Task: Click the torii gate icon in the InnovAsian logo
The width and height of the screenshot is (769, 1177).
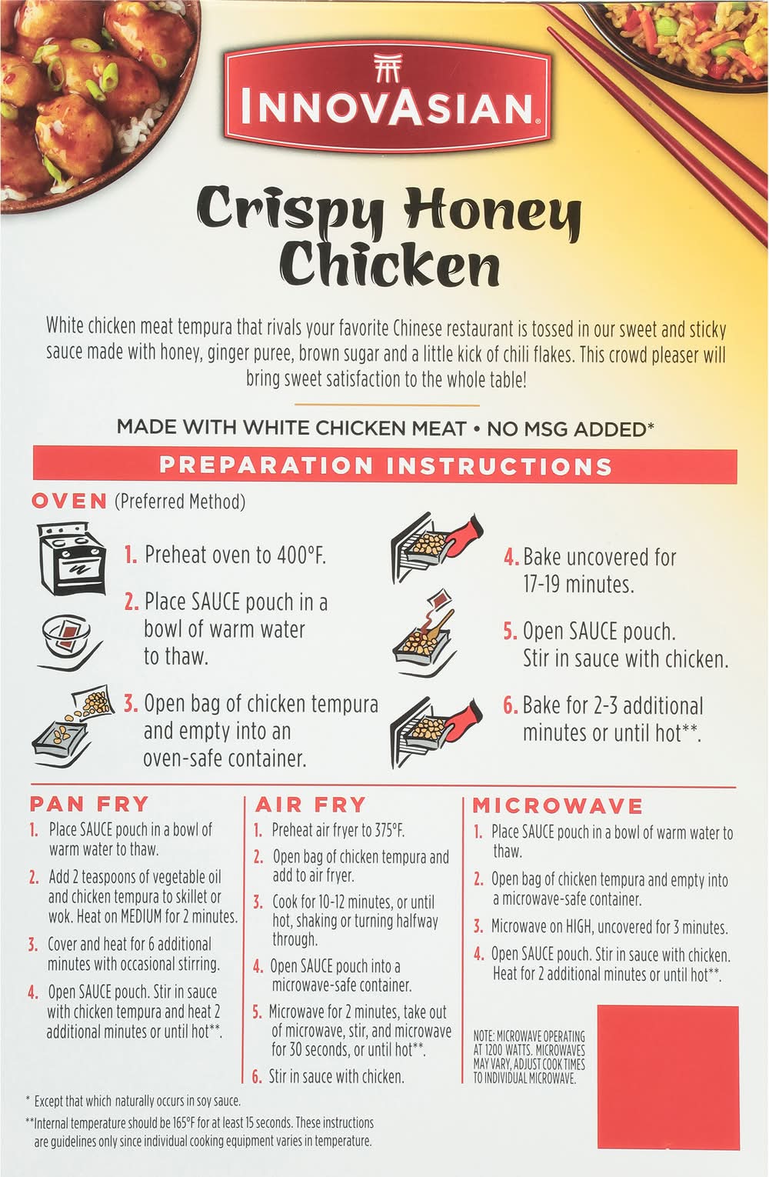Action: coord(388,68)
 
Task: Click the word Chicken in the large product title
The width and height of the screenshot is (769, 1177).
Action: coord(389,265)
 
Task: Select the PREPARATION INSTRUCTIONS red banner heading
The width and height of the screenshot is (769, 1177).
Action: coord(385,465)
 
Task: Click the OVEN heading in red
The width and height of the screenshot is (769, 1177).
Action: coord(69,502)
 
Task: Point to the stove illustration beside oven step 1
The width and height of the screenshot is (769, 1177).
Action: coord(72,558)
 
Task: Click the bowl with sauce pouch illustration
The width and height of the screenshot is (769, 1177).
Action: coord(71,642)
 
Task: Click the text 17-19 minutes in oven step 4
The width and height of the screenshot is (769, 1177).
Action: coord(578,584)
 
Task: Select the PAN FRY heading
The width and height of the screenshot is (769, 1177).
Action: coord(89,805)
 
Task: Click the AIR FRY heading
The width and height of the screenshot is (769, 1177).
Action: coord(311,805)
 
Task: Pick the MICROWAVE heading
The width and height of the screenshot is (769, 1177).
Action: coord(558,806)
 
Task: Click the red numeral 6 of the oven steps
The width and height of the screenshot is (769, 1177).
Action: coord(510,705)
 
